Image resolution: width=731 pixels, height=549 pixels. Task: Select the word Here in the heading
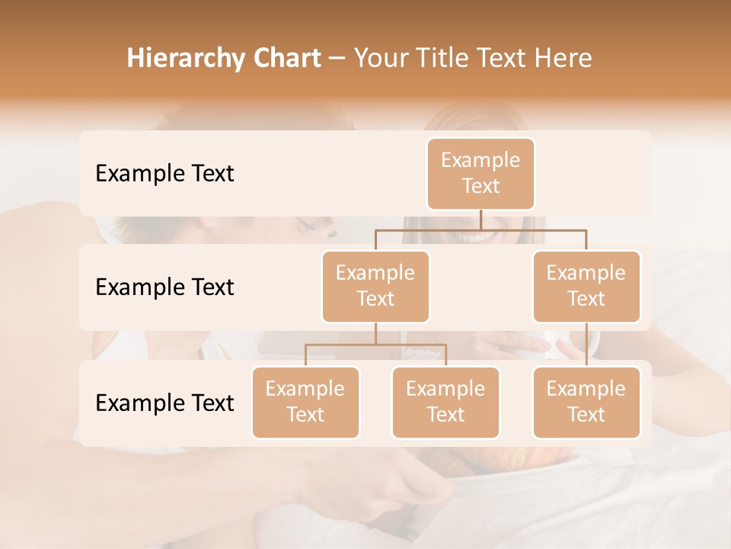(563, 59)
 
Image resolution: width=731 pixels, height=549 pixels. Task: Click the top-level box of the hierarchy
(480, 173)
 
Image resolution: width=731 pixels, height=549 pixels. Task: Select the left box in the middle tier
(375, 286)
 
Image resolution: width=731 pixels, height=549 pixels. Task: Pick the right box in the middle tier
(586, 286)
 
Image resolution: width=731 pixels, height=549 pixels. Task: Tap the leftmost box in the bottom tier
(305, 402)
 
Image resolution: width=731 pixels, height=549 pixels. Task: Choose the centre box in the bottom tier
(445, 402)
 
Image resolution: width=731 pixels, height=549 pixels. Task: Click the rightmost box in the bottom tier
(586, 402)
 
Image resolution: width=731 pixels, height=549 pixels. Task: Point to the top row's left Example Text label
(164, 173)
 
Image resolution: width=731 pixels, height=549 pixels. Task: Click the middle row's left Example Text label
(164, 287)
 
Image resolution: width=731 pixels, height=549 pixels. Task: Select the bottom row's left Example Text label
(164, 403)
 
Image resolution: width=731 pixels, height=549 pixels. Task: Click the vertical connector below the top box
(480, 220)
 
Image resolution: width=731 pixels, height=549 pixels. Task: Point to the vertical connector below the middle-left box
(375, 333)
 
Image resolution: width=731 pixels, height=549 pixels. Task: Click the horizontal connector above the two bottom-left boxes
(375, 345)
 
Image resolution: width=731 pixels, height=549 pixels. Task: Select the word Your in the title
(381, 59)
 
